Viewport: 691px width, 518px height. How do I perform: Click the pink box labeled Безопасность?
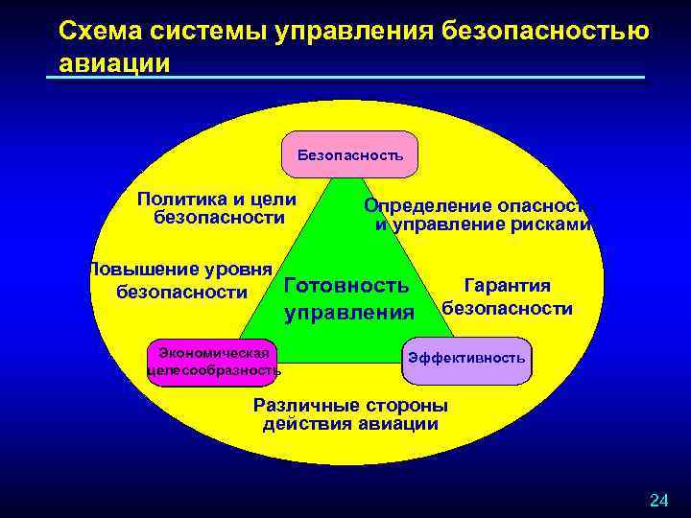coord(350,154)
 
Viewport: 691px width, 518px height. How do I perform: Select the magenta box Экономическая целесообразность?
coord(212,362)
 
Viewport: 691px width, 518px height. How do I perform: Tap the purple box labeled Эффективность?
coord(466,359)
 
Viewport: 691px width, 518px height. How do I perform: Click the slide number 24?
coord(658,500)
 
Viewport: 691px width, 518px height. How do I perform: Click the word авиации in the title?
coord(114,63)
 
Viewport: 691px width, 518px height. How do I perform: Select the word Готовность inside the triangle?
coord(346,286)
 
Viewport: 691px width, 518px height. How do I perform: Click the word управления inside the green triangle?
coord(349,313)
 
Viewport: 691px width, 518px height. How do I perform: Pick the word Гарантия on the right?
coord(507,286)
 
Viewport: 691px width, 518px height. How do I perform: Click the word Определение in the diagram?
coord(428,206)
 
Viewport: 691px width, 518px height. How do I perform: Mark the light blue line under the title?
coord(345,78)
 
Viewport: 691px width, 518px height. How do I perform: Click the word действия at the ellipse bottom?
coord(301,424)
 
